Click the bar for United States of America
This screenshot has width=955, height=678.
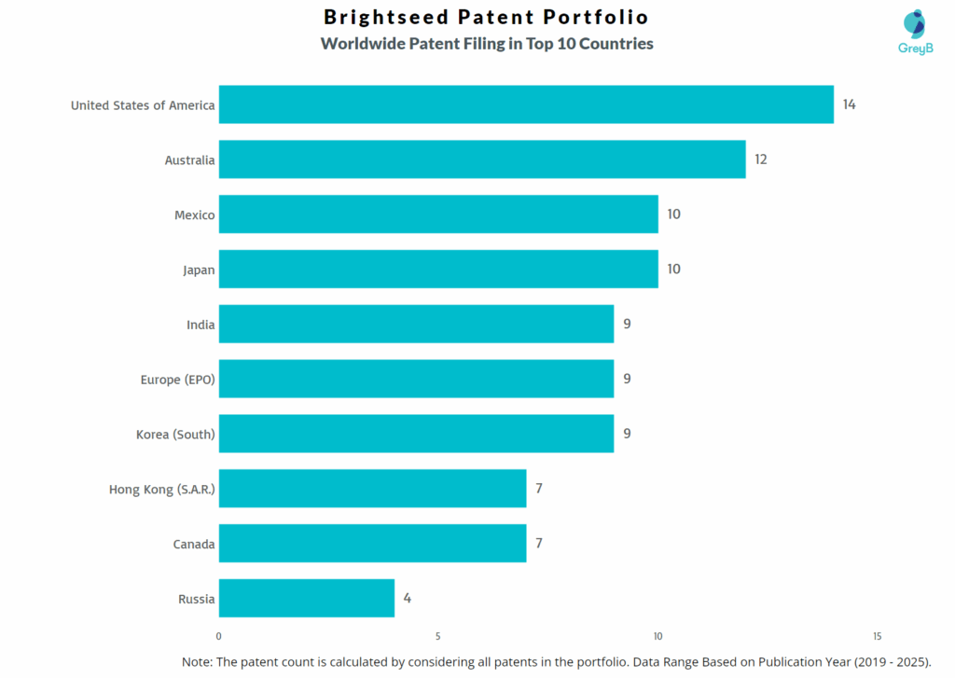point(526,104)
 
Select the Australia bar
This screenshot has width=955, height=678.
point(482,159)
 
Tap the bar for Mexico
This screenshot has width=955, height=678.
point(438,214)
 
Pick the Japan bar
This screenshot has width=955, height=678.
point(438,269)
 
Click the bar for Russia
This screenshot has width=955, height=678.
point(307,598)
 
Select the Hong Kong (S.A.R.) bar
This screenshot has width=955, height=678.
point(372,489)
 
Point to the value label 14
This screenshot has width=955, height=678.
point(849,104)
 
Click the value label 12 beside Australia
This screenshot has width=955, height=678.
point(761,159)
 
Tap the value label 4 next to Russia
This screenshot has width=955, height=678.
point(407,598)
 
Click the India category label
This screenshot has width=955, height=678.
point(201,325)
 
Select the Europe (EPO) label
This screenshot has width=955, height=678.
point(177,380)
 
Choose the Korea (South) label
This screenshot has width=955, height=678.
point(175,434)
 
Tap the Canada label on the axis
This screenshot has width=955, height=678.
point(194,544)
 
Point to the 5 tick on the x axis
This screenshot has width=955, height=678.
point(438,637)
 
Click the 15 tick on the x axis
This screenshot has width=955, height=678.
point(877,637)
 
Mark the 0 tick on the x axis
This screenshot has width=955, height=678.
point(219,637)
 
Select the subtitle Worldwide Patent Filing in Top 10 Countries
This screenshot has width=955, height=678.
point(487,44)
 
